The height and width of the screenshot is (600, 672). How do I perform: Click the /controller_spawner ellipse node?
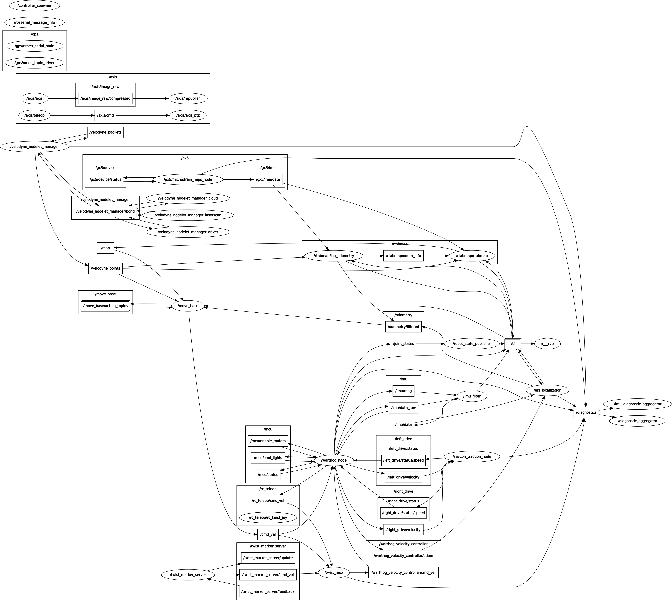pyautogui.click(x=35, y=6)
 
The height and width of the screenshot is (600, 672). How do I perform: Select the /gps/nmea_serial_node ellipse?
pyautogui.click(x=35, y=46)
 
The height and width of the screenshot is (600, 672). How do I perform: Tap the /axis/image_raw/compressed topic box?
pyautogui.click(x=105, y=98)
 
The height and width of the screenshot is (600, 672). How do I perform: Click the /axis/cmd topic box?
pyautogui.click(x=105, y=115)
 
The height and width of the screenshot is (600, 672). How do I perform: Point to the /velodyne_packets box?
pyautogui.click(x=105, y=132)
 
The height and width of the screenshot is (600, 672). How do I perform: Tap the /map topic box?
pyautogui.click(x=105, y=248)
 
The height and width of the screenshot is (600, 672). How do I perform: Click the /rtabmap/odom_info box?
pyautogui.click(x=404, y=256)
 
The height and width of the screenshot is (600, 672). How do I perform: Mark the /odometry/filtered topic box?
pyautogui.click(x=404, y=327)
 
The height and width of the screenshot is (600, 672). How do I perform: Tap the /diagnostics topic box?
pyautogui.click(x=586, y=412)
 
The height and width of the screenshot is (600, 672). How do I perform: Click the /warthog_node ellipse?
pyautogui.click(x=334, y=460)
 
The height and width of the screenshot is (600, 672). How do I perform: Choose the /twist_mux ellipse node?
pyautogui.click(x=334, y=573)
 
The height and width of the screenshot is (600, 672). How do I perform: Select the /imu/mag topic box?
pyautogui.click(x=404, y=391)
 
